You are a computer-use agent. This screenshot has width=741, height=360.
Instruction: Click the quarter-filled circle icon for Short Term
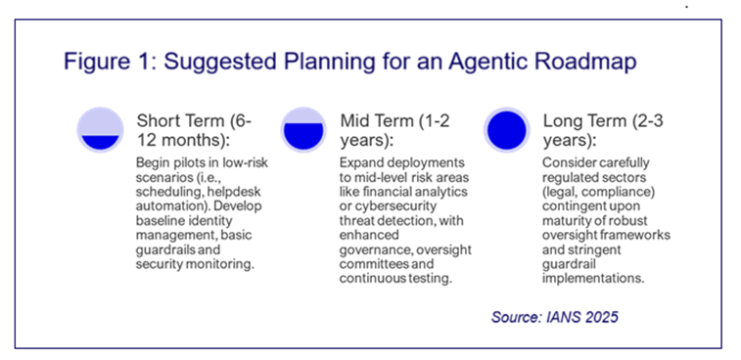(x=100, y=129)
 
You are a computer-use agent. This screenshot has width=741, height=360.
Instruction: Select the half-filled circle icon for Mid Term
(x=303, y=129)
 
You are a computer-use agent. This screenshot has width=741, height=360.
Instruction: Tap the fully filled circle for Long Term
(x=507, y=129)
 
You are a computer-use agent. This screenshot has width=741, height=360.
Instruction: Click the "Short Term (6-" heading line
(x=194, y=121)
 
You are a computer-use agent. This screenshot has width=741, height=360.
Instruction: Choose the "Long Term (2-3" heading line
(x=598, y=121)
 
